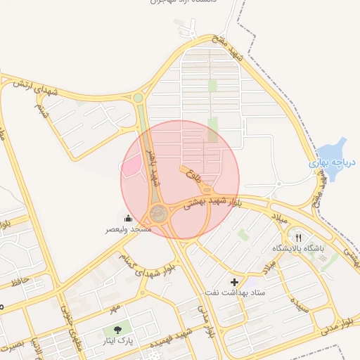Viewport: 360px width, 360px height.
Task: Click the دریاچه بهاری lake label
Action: pos(333,162)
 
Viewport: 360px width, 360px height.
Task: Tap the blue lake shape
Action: pos(330,152)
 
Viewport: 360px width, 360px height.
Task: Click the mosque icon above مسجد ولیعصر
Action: pos(127,218)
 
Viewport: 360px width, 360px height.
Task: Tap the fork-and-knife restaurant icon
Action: pos(298,238)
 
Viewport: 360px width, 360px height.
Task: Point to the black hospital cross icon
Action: pos(234,282)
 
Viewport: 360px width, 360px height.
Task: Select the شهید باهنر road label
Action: pos(153,165)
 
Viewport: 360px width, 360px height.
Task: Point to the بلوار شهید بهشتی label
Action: pos(215,200)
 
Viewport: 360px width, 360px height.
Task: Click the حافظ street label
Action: pos(20,283)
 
